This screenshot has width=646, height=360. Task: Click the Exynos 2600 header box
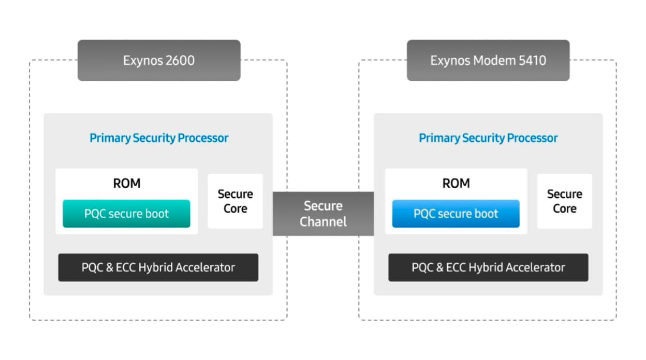(x=159, y=61)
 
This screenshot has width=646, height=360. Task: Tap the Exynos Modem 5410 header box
(x=488, y=61)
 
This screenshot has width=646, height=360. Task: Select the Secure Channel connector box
(x=323, y=214)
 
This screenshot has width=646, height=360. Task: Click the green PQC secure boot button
(x=126, y=214)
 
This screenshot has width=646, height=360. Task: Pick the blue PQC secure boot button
(x=456, y=214)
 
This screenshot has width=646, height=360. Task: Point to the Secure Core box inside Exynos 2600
(x=235, y=201)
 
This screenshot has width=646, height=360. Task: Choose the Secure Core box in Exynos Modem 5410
(x=564, y=201)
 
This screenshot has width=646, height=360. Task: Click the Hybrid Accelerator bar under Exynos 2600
(x=158, y=267)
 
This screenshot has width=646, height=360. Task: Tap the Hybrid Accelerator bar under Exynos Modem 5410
(x=488, y=267)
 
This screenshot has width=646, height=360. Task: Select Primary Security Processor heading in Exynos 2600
(x=159, y=138)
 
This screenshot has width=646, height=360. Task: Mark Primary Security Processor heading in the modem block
(x=488, y=138)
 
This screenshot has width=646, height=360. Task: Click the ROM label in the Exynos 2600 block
(x=126, y=183)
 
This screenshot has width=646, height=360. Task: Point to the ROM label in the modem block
(x=456, y=183)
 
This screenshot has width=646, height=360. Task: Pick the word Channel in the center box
(x=323, y=222)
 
